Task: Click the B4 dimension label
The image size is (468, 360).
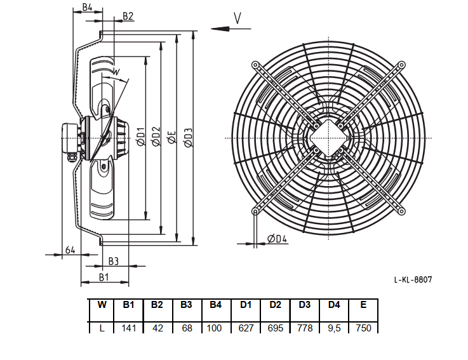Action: pos(87,7)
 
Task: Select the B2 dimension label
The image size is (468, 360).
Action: pos(128,16)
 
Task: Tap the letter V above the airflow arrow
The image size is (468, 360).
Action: pos(237,18)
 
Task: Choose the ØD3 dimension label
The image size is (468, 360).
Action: pos(189,138)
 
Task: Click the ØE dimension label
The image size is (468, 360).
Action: pos(172,138)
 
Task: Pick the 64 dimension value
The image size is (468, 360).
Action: pos(70,250)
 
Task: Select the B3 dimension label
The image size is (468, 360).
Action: pos(114,262)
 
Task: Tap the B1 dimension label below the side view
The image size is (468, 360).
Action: pos(104,277)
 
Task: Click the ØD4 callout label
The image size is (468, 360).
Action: pos(277,239)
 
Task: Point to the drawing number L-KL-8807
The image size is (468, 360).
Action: pos(413,280)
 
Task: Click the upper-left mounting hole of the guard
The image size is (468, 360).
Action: pos(255,65)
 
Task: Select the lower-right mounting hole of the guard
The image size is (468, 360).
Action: pos(402,211)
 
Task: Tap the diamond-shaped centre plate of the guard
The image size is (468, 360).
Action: pos(328,138)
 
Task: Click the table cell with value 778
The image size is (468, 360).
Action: pos(305,328)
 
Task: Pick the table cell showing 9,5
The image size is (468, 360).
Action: pos(334,328)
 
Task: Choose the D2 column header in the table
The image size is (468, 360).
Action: pos(275,305)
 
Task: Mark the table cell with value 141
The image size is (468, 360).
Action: pos(129,328)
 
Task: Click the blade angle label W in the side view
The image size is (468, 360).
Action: pos(116,72)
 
